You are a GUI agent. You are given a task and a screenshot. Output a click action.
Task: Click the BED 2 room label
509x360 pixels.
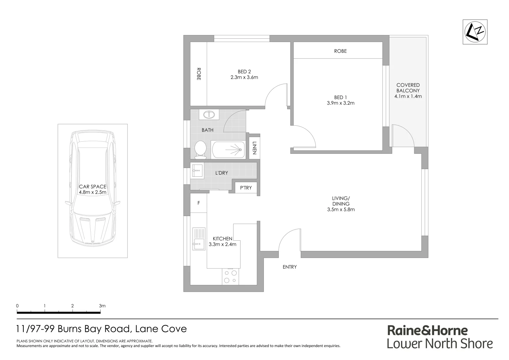244,72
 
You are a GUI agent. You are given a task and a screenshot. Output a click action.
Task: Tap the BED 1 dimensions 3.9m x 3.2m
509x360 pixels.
340,103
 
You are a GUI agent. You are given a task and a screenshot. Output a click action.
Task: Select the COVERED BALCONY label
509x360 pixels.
408,88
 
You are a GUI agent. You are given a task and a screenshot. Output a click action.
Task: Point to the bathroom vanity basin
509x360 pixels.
209,115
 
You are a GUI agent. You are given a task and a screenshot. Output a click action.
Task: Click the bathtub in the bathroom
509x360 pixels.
228,150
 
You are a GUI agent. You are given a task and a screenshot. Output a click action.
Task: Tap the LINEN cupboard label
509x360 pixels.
254,148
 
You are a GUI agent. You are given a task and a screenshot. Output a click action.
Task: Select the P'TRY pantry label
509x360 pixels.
246,188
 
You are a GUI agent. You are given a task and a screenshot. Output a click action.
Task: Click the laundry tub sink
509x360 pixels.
197,171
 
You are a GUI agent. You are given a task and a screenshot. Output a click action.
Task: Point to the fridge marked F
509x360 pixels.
199,203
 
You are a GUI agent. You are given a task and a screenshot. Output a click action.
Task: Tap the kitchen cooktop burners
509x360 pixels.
230,276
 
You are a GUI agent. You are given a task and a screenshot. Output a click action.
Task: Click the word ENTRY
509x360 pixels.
289,267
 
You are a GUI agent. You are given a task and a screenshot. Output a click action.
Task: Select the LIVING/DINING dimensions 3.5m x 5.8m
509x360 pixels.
341,209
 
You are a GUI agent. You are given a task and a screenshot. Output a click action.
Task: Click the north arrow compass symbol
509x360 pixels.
475,32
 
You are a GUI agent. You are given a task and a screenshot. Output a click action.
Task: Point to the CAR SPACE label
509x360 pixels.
93,187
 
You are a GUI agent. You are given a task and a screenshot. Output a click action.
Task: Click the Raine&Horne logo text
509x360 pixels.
427,330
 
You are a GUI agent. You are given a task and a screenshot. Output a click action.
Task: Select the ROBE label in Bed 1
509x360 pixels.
340,51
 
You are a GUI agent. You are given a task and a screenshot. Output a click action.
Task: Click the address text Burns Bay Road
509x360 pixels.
93,329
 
